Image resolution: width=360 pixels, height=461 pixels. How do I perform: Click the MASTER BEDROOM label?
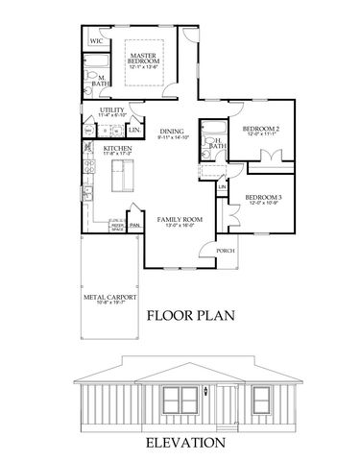[149, 61]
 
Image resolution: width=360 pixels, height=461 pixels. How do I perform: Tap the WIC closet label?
[96, 43]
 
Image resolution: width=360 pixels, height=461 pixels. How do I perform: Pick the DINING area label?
[172, 132]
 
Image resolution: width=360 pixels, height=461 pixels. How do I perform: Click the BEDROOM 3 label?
[261, 197]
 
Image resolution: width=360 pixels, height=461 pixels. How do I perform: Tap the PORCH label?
[225, 251]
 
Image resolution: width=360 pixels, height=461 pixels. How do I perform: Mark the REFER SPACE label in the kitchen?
[116, 229]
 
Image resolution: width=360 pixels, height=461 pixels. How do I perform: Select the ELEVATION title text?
[184, 443]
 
